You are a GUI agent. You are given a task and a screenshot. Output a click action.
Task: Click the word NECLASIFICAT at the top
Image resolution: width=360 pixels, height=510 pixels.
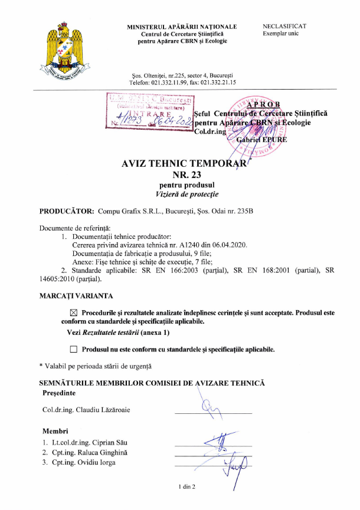[x=284, y=27]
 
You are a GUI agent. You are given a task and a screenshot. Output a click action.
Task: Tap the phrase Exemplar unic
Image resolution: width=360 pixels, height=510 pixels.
[x=281, y=34]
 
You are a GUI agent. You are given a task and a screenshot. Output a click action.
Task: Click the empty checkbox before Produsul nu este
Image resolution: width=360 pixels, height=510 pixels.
[x=74, y=350]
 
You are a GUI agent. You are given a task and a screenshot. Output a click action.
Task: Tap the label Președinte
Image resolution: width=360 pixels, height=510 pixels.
[x=59, y=393]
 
